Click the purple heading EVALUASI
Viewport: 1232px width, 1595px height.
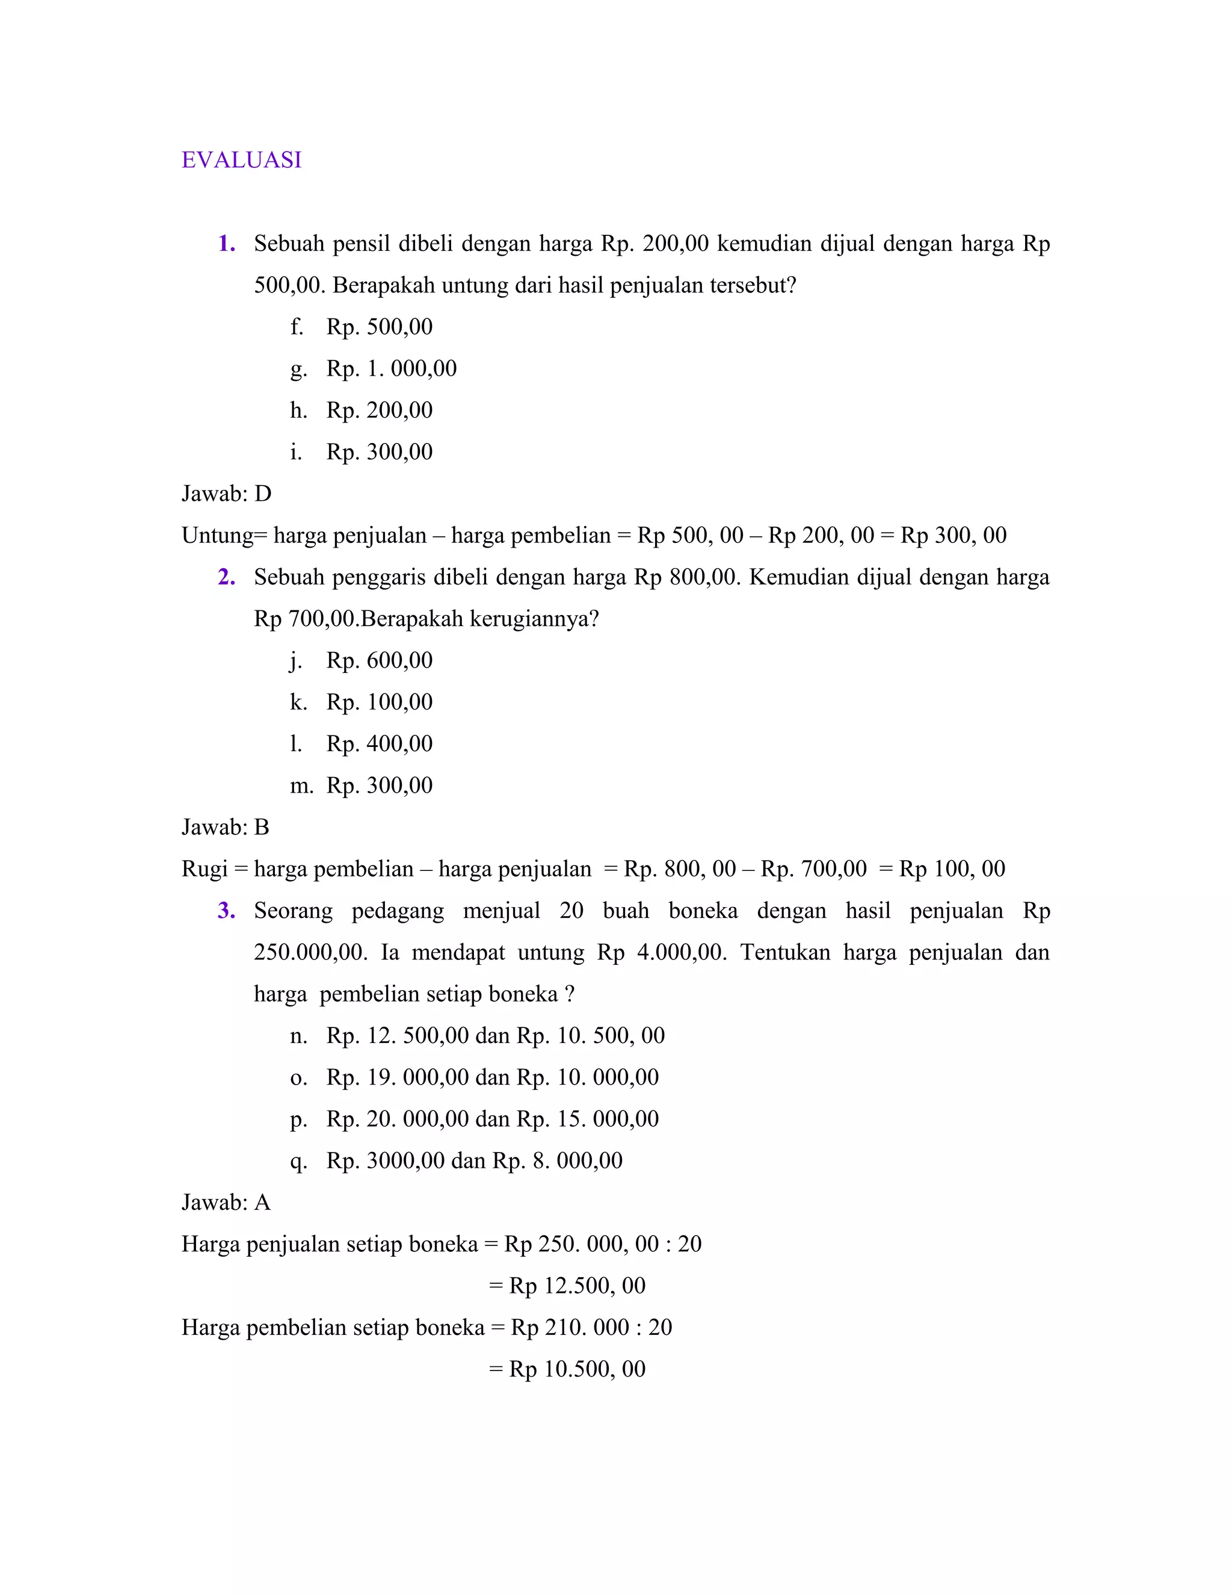click(x=242, y=160)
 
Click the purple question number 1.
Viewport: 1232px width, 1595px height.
click(x=226, y=244)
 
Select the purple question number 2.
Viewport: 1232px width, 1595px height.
click(x=226, y=578)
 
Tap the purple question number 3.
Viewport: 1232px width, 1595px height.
click(x=226, y=911)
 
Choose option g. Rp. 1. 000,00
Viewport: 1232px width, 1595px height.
click(x=373, y=368)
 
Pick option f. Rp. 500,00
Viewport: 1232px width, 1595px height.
click(x=362, y=326)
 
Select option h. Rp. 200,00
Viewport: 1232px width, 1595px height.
click(x=362, y=410)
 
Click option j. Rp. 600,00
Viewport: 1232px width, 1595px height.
click(x=362, y=660)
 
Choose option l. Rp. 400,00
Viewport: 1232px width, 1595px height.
click(x=362, y=743)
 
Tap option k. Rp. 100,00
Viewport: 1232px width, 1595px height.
click(x=362, y=702)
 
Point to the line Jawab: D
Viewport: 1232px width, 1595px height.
click(x=226, y=494)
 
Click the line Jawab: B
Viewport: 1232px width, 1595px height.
click(x=226, y=828)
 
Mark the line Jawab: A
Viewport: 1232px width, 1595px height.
click(x=226, y=1203)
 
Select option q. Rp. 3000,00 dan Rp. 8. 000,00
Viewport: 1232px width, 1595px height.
click(x=456, y=1160)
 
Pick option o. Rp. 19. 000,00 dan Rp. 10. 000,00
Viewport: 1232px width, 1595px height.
click(x=475, y=1077)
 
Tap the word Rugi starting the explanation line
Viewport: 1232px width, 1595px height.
click(x=205, y=869)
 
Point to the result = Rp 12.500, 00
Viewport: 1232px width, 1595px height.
click(x=567, y=1286)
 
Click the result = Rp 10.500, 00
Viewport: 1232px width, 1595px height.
click(x=567, y=1369)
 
